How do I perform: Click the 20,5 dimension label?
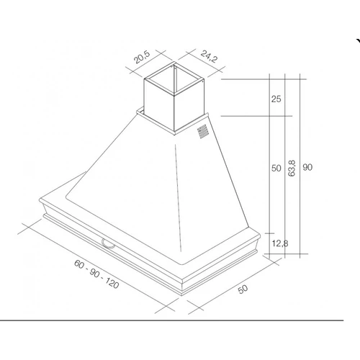click(142, 57)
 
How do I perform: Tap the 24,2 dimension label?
click(209, 56)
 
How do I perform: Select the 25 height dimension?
click(276, 99)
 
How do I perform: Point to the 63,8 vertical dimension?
click(292, 168)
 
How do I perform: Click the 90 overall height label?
click(307, 167)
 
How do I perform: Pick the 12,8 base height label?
click(280, 243)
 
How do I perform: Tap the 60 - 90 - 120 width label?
click(96, 274)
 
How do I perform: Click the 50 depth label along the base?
click(243, 289)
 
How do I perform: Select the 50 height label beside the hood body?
click(276, 168)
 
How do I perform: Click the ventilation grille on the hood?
click(202, 131)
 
